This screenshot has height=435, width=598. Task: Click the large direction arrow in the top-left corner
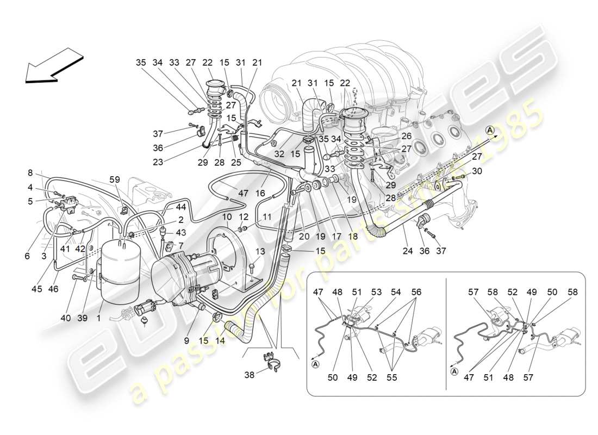53,66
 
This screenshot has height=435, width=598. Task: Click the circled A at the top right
490,130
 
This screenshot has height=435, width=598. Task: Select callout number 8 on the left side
30,173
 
